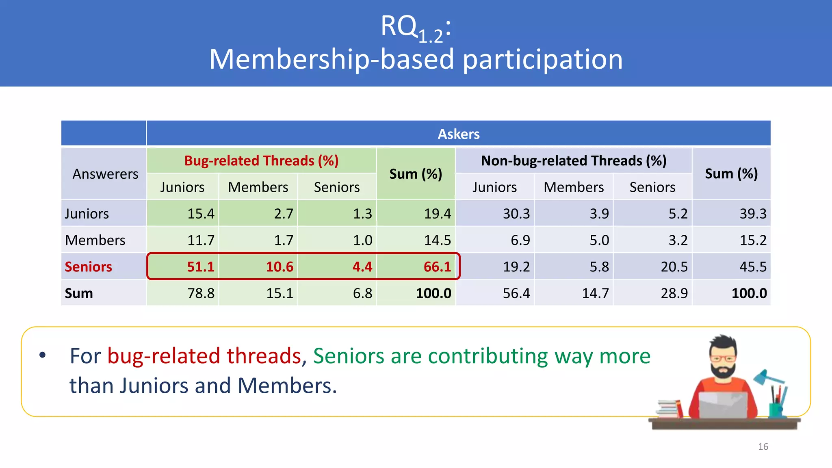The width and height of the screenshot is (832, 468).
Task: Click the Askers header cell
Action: pyautogui.click(x=458, y=134)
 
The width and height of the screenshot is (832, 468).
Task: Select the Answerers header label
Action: pyautogui.click(x=105, y=174)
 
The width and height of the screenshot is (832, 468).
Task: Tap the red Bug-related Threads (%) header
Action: pyautogui.click(x=261, y=161)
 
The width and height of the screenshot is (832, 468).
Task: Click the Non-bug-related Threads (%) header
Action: pyautogui.click(x=573, y=161)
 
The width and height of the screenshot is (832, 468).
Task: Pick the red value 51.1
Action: pyautogui.click(x=200, y=267)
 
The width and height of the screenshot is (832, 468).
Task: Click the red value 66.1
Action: pyautogui.click(x=437, y=267)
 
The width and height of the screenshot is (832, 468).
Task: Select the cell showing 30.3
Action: pyautogui.click(x=516, y=214)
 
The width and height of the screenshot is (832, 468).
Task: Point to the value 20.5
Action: pyautogui.click(x=674, y=267)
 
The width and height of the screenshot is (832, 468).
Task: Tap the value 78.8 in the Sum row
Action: pyautogui.click(x=201, y=293)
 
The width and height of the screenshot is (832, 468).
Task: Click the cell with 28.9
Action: pyautogui.click(x=674, y=293)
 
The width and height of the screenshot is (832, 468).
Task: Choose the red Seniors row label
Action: pyautogui.click(x=88, y=267)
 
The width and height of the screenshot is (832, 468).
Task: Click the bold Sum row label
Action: pyautogui.click(x=79, y=293)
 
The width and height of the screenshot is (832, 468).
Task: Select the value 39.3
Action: pyautogui.click(x=753, y=214)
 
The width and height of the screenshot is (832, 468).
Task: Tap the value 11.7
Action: pyautogui.click(x=201, y=240)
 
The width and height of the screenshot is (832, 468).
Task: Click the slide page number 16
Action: pyautogui.click(x=763, y=447)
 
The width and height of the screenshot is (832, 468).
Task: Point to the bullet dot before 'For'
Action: pyautogui.click(x=43, y=355)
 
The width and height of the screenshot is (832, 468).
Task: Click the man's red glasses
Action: pyautogui.click(x=723, y=359)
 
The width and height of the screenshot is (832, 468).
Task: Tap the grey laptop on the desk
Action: pyautogui.click(x=723, y=405)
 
